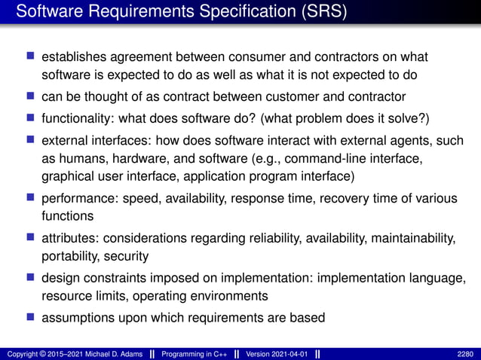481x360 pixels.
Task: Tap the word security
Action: coord(127,257)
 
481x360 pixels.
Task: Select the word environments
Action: coord(233,296)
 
